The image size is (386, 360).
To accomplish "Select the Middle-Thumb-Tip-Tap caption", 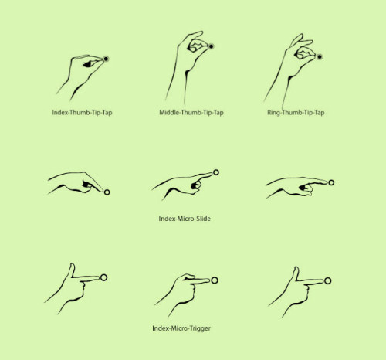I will (x=191, y=113).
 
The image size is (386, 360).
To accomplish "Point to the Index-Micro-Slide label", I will (x=185, y=219).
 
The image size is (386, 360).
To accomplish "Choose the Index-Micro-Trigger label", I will (x=181, y=328).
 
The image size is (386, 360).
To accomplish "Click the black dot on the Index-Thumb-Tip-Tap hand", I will (x=106, y=58).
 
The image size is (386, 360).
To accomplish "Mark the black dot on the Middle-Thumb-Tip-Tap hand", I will (x=211, y=47).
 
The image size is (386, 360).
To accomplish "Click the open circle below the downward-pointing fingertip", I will (x=107, y=192).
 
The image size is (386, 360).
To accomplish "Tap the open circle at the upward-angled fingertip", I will (x=216, y=172).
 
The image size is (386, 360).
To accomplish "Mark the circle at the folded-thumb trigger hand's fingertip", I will (x=215, y=280).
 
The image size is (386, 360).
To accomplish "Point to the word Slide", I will (x=201, y=219).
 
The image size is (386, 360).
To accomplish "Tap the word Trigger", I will (x=198, y=328).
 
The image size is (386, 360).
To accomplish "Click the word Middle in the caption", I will (x=170, y=113).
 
